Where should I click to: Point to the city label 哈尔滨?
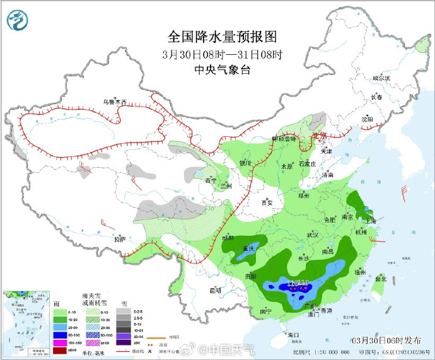click(381, 78)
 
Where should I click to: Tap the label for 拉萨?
click(120, 239)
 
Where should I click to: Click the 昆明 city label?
click(216, 291)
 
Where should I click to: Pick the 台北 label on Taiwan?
click(380, 278)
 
